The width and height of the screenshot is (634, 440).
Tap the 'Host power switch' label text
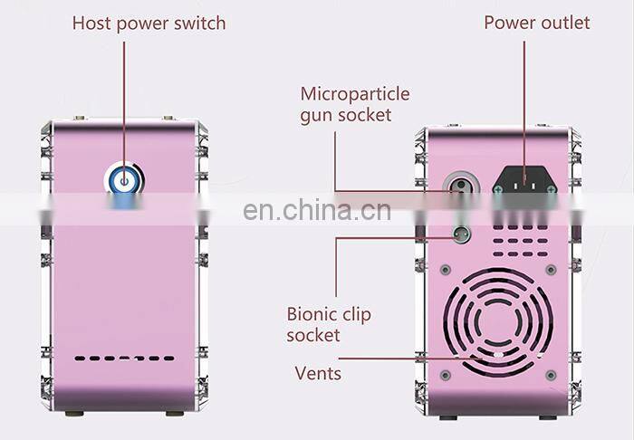pos(149,22)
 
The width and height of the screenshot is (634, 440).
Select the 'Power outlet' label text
pos(536,22)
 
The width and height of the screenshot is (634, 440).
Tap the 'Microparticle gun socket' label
pos(355,104)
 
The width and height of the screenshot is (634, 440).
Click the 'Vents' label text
pos(318,372)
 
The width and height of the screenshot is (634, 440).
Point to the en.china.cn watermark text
pos(317,212)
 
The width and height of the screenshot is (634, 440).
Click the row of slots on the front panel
pos(124,359)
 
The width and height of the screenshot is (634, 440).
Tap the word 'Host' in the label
pos(93,22)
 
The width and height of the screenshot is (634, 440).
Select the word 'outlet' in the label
pos(562,22)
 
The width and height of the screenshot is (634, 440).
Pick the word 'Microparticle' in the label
pos(355,94)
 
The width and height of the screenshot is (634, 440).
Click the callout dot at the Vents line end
pos(497,358)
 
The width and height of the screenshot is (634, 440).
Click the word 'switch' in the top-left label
pos(200,22)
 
